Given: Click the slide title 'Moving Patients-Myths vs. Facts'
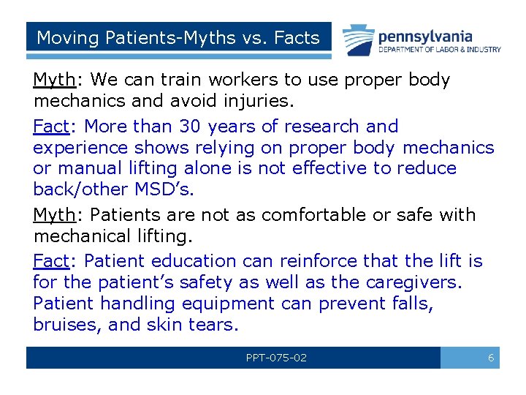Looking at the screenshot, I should [x=178, y=37].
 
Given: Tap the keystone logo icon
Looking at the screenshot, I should [x=359, y=39].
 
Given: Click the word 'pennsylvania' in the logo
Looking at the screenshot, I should [x=425, y=35].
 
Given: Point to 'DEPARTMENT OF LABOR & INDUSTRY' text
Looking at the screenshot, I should [x=440, y=50].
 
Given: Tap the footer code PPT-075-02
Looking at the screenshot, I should [x=276, y=358].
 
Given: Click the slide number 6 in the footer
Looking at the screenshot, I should [x=491, y=358].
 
